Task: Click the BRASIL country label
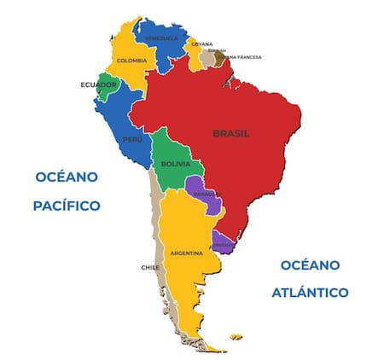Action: click(x=231, y=133)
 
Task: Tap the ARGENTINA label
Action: click(x=186, y=253)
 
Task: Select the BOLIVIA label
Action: click(x=175, y=162)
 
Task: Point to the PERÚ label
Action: click(x=131, y=139)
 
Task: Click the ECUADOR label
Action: click(x=97, y=84)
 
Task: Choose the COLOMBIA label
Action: click(x=131, y=61)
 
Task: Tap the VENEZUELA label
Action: click(x=161, y=38)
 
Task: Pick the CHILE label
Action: click(x=150, y=267)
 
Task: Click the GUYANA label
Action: click(x=202, y=44)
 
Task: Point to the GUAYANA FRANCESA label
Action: click(x=241, y=57)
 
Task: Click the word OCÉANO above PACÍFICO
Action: click(x=67, y=177)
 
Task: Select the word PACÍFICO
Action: click(x=67, y=206)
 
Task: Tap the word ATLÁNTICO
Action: click(x=310, y=293)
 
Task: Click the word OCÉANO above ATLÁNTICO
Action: click(x=310, y=264)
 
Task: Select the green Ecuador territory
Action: click(x=107, y=88)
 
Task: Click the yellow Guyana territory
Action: click(x=198, y=55)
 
